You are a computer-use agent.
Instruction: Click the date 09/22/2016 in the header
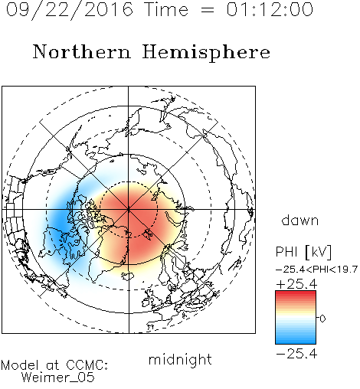coord(69,10)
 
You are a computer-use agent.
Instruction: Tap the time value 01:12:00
coord(270,9)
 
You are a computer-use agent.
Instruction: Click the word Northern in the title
coord(82,51)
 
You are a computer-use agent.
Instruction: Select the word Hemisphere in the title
coord(206,53)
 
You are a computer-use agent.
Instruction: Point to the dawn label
coord(300,220)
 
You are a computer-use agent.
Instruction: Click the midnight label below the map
coord(180,359)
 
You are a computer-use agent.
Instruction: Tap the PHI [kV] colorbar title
coord(303,252)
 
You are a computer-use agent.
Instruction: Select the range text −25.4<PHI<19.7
coord(316,270)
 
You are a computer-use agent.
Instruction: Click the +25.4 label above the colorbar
coord(296,284)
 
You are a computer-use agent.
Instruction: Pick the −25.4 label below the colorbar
coord(296,354)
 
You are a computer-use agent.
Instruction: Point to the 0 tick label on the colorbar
coord(322,319)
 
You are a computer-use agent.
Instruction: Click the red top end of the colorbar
coord(296,293)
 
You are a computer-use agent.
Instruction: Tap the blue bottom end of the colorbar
coord(296,342)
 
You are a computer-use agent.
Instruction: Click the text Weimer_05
coord(58,378)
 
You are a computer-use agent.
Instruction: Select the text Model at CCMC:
coord(54,365)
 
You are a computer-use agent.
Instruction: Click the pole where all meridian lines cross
coord(129,210)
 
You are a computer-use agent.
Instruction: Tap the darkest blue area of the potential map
coord(59,219)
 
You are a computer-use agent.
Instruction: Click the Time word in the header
coord(166,9)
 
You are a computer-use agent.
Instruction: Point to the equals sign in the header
coord(207,10)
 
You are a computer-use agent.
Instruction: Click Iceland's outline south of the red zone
coord(128,276)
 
